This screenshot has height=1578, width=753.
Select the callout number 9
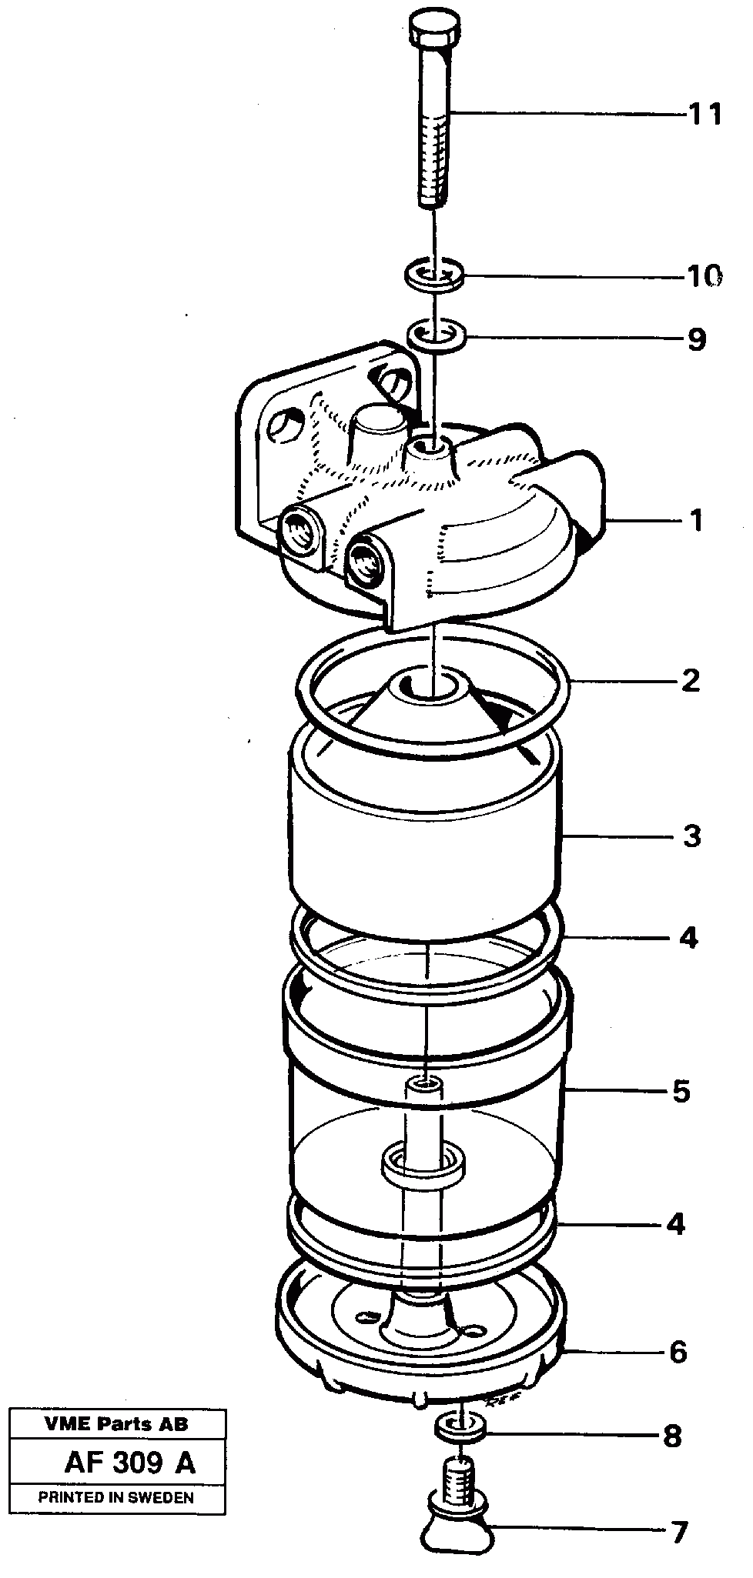(696, 339)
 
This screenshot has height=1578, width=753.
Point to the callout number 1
(696, 521)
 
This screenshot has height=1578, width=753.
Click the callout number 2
(691, 680)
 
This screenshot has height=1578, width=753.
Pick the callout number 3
(691, 836)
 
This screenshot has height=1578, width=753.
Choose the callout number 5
(681, 1091)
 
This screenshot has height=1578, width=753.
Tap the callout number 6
(678, 1353)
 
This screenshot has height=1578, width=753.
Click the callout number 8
(672, 1436)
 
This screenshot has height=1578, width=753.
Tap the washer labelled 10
(434, 275)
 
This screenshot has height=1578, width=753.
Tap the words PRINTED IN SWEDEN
(116, 1497)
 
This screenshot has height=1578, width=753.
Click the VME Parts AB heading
(115, 1424)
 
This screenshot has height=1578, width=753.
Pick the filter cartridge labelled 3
(423, 846)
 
